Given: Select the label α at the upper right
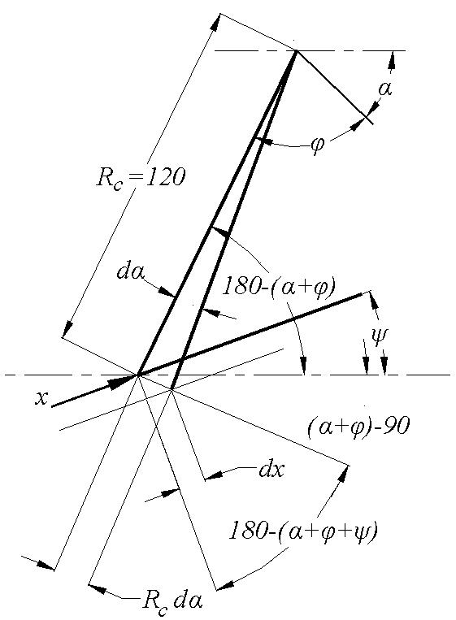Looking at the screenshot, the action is [x=385, y=89].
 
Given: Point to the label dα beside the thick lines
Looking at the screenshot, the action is [x=131, y=272].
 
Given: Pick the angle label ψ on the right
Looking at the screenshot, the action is [x=380, y=336].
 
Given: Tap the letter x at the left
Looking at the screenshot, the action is [x=41, y=398].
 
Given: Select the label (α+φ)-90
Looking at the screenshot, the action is [x=358, y=427].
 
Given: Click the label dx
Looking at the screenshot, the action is [x=271, y=470].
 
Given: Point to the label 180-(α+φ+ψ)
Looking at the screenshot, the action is [x=303, y=531].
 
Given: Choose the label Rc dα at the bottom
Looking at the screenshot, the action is [x=172, y=603].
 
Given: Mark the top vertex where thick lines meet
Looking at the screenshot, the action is [x=297, y=50].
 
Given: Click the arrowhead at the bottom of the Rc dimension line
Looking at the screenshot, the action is [x=68, y=328].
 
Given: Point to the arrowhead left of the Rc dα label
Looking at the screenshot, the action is [x=98, y=588].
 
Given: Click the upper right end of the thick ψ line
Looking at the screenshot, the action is [x=362, y=293].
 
